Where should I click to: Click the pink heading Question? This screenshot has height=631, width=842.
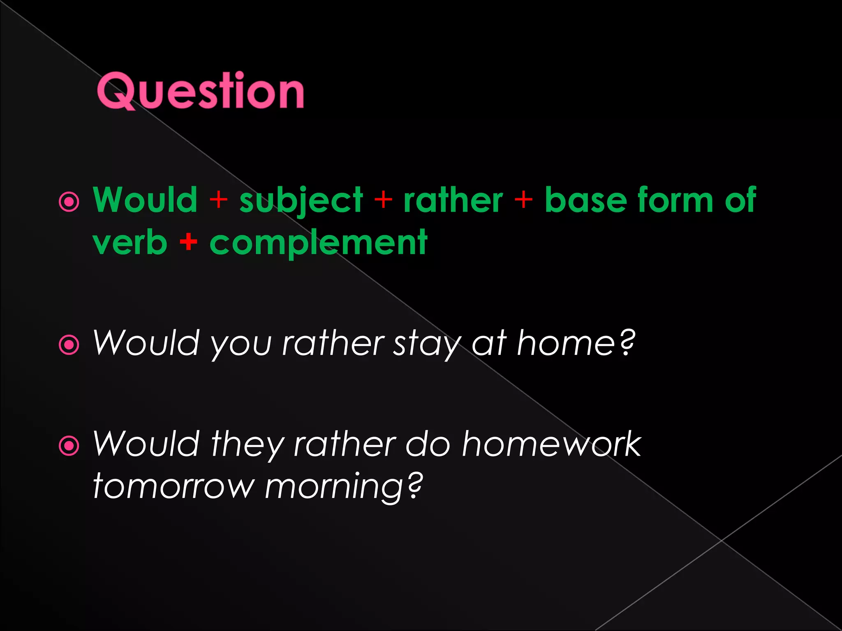click(x=200, y=91)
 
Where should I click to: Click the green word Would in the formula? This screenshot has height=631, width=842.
click(x=145, y=200)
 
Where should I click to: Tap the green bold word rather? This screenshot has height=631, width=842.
click(x=453, y=200)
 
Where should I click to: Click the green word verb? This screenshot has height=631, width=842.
click(x=130, y=243)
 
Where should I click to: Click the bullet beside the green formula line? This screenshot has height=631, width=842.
click(x=69, y=202)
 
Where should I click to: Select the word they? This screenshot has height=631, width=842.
click(x=247, y=445)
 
